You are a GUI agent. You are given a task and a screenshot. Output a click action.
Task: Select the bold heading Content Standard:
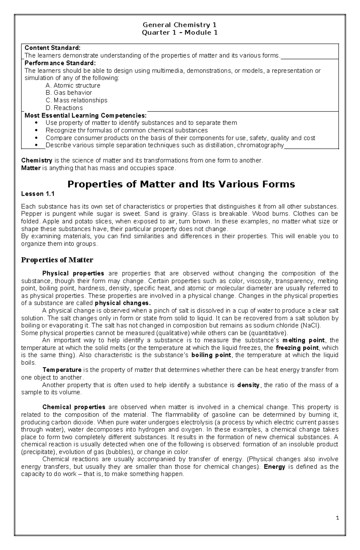click(x=52, y=48)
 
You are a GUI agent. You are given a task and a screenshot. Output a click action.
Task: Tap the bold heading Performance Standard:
click(x=60, y=63)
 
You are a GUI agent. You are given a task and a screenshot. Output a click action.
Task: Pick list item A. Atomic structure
click(x=73, y=85)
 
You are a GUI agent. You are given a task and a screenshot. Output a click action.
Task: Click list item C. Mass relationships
click(x=76, y=100)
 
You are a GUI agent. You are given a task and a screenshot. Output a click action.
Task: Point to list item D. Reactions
click(x=64, y=108)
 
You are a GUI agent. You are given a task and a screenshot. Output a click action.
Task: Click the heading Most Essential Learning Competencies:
click(x=85, y=115)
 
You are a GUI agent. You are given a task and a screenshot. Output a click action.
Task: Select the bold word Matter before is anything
click(x=31, y=168)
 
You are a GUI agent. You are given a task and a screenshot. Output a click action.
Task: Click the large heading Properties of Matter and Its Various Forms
click(x=181, y=184)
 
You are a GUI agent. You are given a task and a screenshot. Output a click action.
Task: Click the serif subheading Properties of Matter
click(x=57, y=260)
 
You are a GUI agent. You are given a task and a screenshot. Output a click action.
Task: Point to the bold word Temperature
click(x=62, y=370)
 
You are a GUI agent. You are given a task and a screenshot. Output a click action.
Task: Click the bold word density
click(x=248, y=385)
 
